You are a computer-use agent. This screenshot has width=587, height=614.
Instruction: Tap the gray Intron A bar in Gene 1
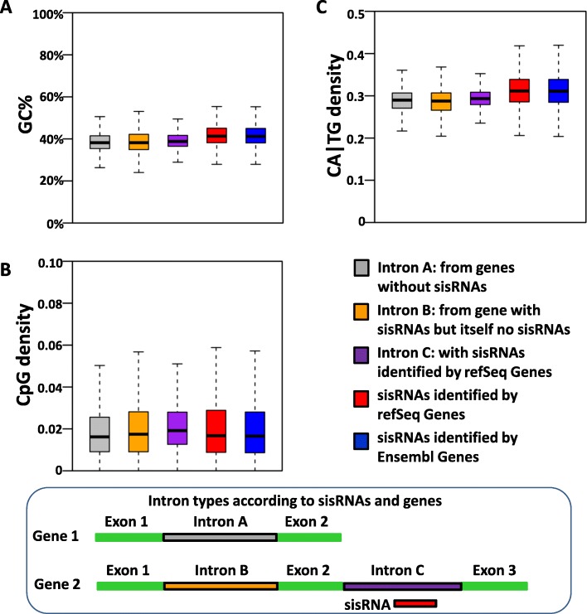pyautogui.click(x=220, y=537)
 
